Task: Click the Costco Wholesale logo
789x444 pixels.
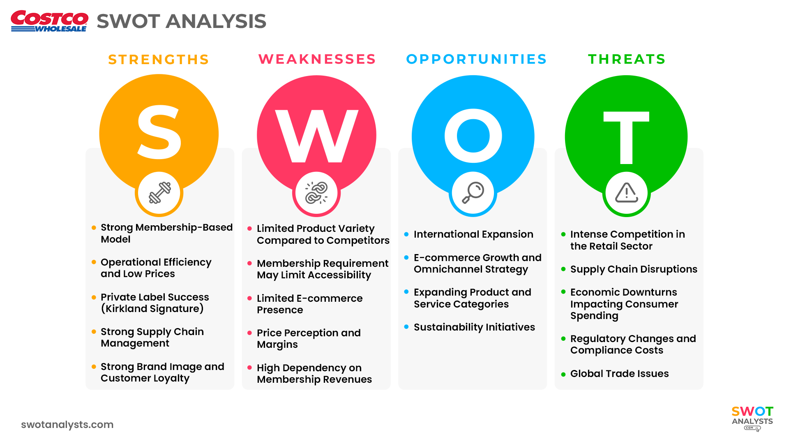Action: pyautogui.click(x=49, y=21)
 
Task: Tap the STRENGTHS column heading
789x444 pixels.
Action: pyautogui.click(x=159, y=60)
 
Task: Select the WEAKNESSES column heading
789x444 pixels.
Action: pyautogui.click(x=317, y=59)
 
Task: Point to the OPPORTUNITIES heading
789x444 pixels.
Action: pyautogui.click(x=476, y=59)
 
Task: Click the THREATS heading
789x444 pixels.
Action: pyautogui.click(x=627, y=59)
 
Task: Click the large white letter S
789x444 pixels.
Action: pyautogui.click(x=159, y=132)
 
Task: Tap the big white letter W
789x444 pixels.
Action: pyautogui.click(x=316, y=136)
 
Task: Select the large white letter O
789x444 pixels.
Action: pyautogui.click(x=473, y=136)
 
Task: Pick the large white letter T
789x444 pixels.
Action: pyautogui.click(x=626, y=137)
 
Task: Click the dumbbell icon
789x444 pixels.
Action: pyautogui.click(x=159, y=193)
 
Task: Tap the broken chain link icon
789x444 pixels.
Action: pyautogui.click(x=316, y=193)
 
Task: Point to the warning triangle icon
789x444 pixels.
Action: pyautogui.click(x=626, y=192)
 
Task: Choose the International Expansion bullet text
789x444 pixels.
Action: pyautogui.click(x=473, y=234)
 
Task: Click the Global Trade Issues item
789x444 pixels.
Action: pyautogui.click(x=619, y=374)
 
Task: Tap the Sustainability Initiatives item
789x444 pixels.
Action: pyautogui.click(x=474, y=327)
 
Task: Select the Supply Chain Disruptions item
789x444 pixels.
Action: pyautogui.click(x=634, y=269)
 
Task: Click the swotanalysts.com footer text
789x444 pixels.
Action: pyautogui.click(x=67, y=425)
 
